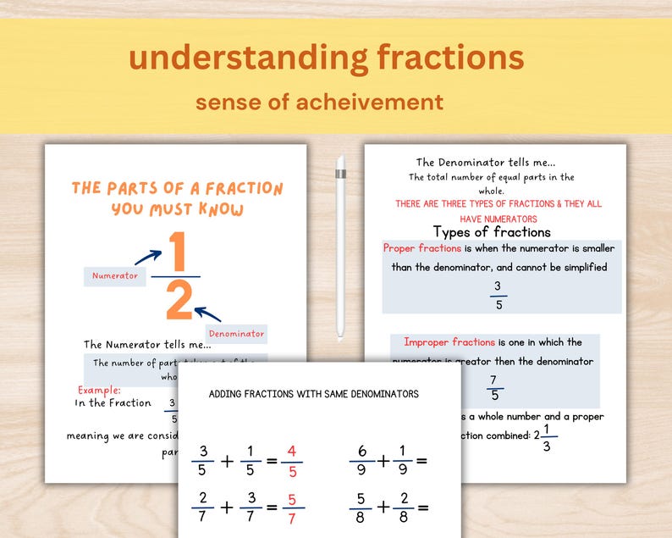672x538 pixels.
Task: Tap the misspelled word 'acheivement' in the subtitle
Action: pos(379,103)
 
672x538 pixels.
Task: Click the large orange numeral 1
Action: pos(176,252)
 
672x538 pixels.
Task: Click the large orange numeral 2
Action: pos(179,302)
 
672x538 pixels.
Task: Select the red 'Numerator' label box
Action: pos(114,276)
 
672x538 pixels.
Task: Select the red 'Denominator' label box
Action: pos(236,334)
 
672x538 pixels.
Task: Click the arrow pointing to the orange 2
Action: pos(207,314)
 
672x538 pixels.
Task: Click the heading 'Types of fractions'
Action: pos(492,231)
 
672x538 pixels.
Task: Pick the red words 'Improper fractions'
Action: pos(449,342)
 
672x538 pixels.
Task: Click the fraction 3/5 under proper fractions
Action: pos(498,295)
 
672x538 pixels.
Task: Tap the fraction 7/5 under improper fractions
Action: pos(494,387)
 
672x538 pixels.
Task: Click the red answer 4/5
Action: pos(292,462)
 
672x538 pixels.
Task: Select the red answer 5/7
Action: pos(292,508)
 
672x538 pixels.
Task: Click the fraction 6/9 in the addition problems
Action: pos(361,462)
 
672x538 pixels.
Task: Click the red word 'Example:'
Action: pos(99,390)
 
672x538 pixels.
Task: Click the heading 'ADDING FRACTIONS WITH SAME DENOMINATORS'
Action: pos(313,394)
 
